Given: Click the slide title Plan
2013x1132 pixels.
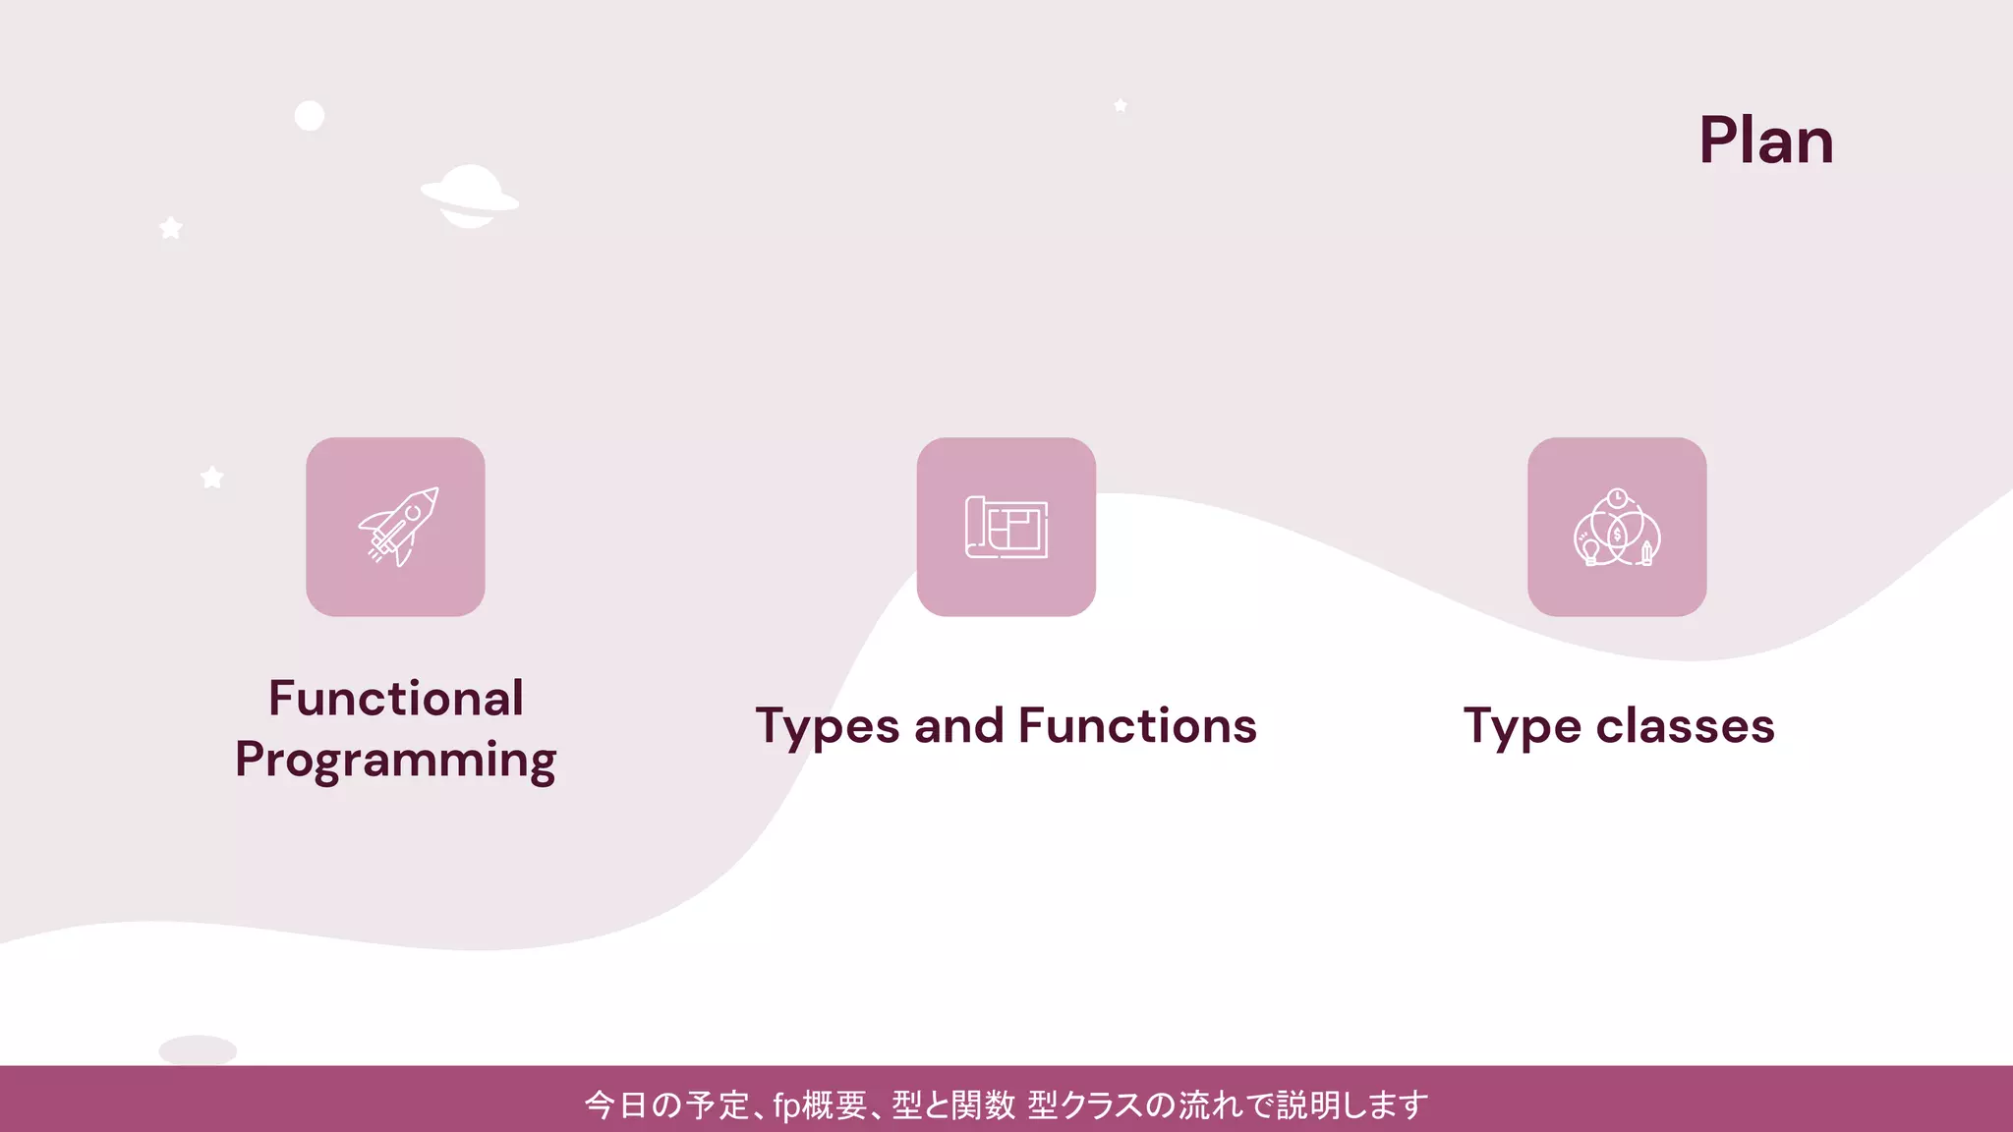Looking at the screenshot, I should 1765,141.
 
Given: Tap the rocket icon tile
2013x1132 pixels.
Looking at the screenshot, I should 395,527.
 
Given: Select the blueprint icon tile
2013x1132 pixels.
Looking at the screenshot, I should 1006,527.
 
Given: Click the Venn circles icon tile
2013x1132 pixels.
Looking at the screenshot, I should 1617,527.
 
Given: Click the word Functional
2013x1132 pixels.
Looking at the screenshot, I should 395,699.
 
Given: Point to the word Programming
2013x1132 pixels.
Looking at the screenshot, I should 395,761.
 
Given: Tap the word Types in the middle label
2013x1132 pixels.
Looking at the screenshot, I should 828,727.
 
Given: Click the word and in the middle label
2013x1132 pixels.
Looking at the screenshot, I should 958,727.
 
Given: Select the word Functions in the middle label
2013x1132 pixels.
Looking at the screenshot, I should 1137,727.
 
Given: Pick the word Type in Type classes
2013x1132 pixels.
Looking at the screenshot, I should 1522,727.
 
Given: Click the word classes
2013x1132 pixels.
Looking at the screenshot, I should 1685,727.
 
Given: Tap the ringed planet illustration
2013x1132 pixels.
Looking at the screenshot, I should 470,197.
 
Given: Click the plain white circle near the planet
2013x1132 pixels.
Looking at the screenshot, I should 310,116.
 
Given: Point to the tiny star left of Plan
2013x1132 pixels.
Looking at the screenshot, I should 1121,105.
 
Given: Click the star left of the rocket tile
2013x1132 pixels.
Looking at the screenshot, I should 212,478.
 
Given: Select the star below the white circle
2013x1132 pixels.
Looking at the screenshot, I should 171,228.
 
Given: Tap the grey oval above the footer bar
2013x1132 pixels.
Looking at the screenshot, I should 198,1049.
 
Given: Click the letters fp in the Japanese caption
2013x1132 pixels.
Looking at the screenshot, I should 786,1105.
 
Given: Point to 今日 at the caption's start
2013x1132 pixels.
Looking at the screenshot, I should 616,1105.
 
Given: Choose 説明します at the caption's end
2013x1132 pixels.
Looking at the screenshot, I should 1352,1105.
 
